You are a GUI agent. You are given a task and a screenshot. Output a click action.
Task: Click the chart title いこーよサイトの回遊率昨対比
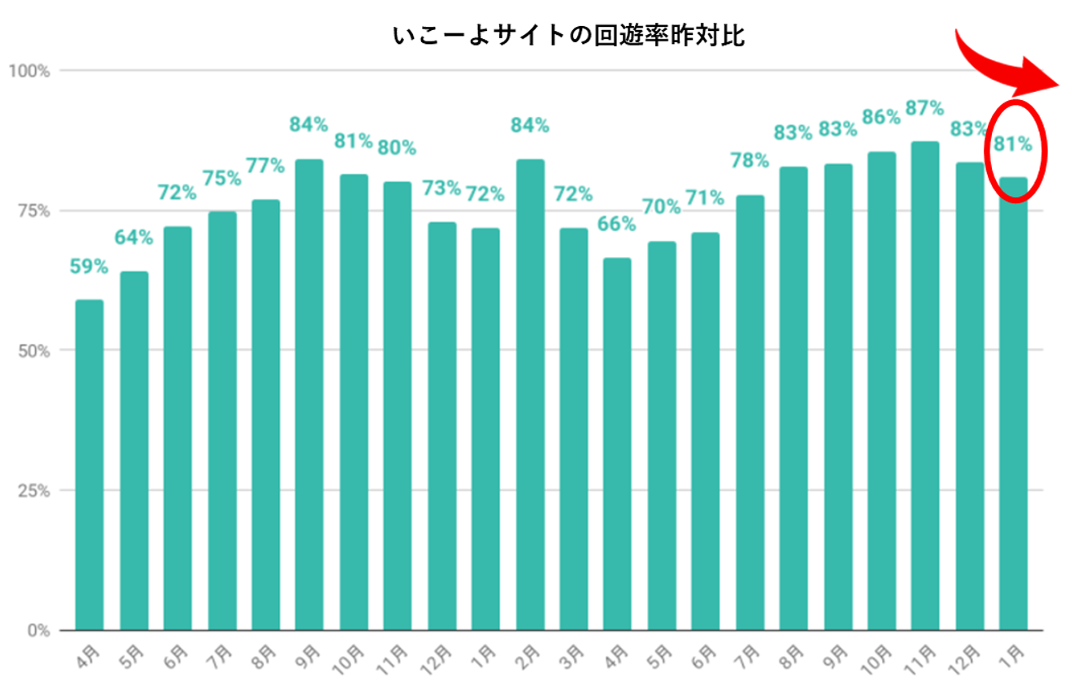click(x=568, y=37)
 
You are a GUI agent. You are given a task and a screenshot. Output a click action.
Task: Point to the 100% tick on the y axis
click(x=30, y=71)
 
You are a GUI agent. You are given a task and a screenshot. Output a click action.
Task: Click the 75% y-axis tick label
click(x=33, y=211)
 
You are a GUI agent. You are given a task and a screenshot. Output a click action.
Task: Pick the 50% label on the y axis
click(x=33, y=351)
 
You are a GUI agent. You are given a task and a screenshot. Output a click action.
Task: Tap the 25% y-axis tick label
click(x=33, y=490)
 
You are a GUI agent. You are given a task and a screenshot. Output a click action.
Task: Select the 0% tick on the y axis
click(x=37, y=630)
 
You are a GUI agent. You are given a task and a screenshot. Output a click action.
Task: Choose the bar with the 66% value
click(x=616, y=444)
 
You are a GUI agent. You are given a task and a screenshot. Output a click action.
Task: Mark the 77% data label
click(x=265, y=167)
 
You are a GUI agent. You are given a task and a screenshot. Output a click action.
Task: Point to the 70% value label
click(x=661, y=207)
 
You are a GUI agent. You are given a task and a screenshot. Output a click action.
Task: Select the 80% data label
click(x=396, y=148)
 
